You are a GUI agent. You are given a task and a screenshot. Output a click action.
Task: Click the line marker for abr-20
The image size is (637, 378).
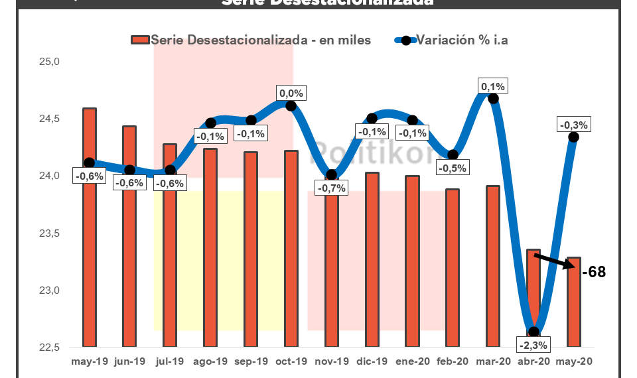point(533,332)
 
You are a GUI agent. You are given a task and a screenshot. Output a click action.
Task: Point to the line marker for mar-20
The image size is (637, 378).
point(493,98)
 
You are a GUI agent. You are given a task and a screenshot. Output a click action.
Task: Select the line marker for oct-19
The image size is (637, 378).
point(291,105)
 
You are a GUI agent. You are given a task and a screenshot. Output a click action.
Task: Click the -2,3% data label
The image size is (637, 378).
point(534,345)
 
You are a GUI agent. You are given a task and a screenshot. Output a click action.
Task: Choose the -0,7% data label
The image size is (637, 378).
point(331,188)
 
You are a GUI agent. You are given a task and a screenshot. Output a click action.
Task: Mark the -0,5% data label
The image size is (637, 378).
point(453,168)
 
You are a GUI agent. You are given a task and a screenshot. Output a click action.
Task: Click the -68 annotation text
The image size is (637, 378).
point(594,272)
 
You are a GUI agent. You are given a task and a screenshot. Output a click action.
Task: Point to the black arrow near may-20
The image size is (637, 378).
point(556,261)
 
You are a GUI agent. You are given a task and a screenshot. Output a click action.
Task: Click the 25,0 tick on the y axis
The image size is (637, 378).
point(50,62)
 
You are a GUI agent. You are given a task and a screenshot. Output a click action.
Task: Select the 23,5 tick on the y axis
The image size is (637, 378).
point(50,233)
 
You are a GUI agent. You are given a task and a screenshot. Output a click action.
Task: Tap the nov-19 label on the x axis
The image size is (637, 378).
point(331,362)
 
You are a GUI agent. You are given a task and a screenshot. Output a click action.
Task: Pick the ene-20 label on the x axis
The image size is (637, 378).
point(412,362)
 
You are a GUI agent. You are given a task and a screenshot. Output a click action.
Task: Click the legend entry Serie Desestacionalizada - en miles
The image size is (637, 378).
point(251,40)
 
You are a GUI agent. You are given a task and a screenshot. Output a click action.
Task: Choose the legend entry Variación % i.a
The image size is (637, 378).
point(452,40)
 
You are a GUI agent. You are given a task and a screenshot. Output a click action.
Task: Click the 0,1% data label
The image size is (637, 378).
point(493,86)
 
